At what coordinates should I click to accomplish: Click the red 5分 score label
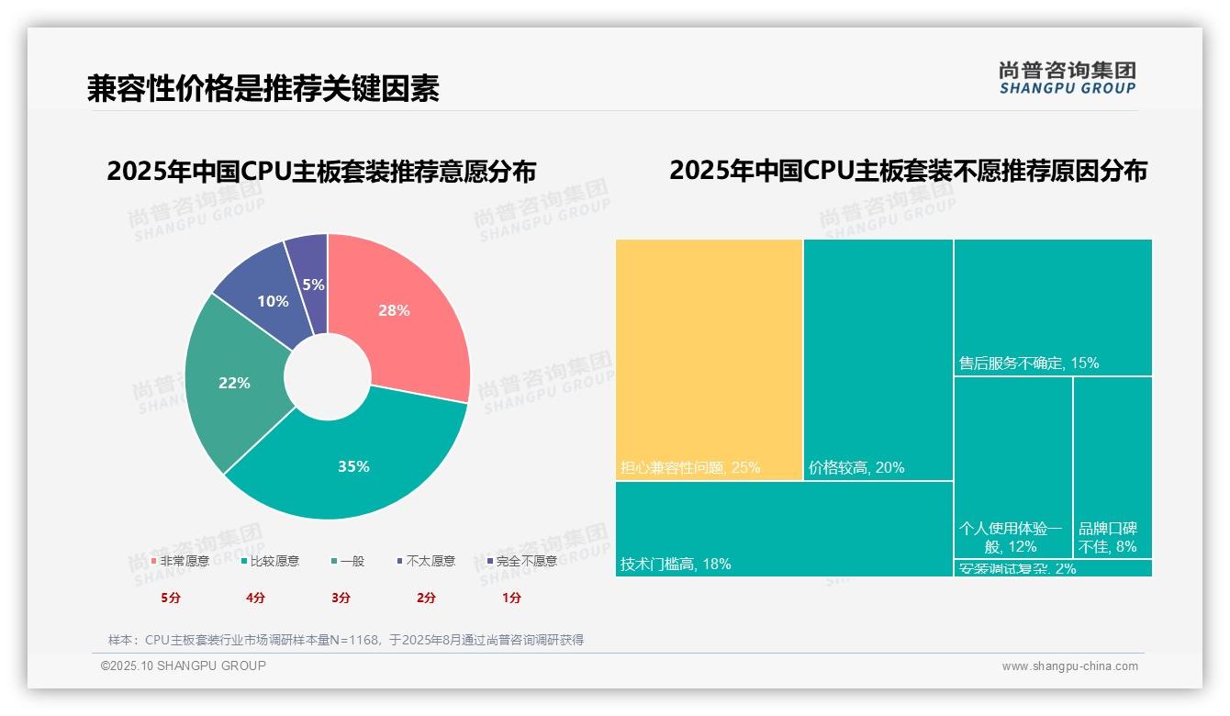coord(171,598)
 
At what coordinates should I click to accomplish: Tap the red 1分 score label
coord(511,598)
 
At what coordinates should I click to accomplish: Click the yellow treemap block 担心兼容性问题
coord(709,358)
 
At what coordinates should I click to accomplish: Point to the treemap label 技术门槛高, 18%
coord(676,565)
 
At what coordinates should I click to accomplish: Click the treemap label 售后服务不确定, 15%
coord(1028,364)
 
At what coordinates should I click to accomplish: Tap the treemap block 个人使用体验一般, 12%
coord(1012,468)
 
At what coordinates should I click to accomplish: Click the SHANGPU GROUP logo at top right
coord(1067,78)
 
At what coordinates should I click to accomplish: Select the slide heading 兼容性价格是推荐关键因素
coord(263,88)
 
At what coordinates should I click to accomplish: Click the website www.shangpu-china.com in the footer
coord(1069,666)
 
